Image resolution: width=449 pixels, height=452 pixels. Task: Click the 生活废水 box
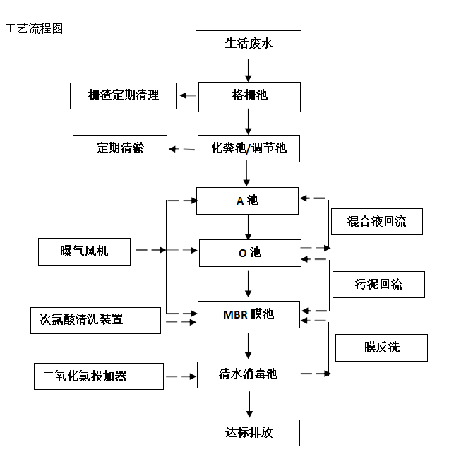[x=249, y=44]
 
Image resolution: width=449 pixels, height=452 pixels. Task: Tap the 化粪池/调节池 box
[x=249, y=149]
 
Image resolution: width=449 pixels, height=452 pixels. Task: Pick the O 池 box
[x=249, y=253]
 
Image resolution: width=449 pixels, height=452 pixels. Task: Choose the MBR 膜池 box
[x=249, y=314]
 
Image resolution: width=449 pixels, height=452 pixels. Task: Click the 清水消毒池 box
[x=249, y=374]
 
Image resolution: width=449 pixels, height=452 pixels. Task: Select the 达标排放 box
[x=249, y=432]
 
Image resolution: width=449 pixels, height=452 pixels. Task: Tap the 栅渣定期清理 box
[x=124, y=95]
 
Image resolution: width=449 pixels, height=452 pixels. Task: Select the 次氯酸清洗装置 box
[x=97, y=320]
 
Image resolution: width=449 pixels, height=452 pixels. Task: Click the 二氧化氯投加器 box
[x=99, y=376]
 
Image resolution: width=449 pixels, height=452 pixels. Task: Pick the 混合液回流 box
[x=377, y=222]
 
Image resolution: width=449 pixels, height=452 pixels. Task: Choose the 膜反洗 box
[x=382, y=347]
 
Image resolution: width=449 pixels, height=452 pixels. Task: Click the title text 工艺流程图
[x=34, y=29]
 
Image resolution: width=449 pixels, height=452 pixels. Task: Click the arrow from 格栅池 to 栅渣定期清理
[x=188, y=96]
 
